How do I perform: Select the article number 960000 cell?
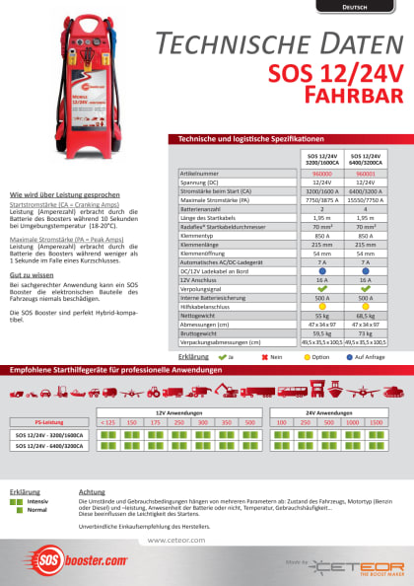(x=320, y=172)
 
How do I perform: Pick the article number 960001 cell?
(x=365, y=172)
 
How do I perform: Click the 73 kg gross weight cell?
(x=365, y=332)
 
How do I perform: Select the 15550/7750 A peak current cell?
(x=365, y=200)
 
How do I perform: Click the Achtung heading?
(x=91, y=490)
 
